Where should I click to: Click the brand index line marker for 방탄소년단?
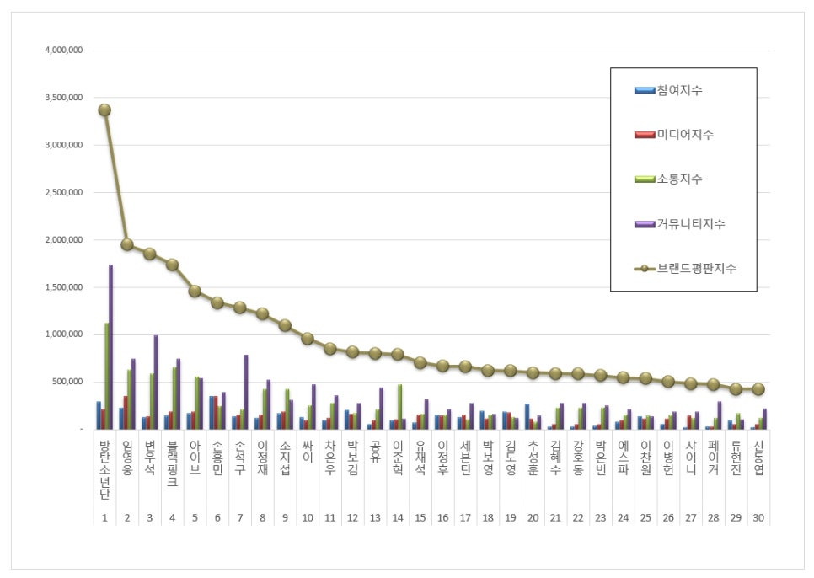[104, 110]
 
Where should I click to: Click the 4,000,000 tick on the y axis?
[64, 51]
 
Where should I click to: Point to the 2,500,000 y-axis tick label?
[64, 193]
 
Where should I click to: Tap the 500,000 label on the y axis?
[67, 383]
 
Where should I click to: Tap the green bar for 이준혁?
[399, 407]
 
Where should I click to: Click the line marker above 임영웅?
[127, 244]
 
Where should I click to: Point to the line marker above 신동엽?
[758, 389]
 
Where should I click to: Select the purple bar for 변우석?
[156, 383]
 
